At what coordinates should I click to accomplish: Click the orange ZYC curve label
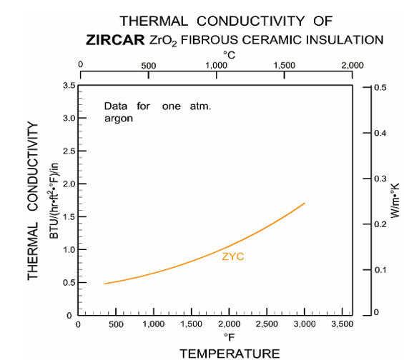pyautogui.click(x=232, y=256)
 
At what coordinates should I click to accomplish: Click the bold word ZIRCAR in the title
pyautogui.click(x=115, y=40)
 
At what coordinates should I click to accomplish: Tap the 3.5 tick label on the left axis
pyautogui.click(x=69, y=85)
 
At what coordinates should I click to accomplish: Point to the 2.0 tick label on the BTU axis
pyautogui.click(x=69, y=184)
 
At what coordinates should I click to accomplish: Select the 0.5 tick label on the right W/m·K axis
pyautogui.click(x=380, y=87)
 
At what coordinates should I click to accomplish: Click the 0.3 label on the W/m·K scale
pyautogui.click(x=380, y=179)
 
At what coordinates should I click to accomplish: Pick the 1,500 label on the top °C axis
pyautogui.click(x=284, y=66)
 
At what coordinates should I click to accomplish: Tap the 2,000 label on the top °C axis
pyautogui.click(x=353, y=66)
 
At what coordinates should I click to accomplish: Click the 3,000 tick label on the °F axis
pyautogui.click(x=305, y=324)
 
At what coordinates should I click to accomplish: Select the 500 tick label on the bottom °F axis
pyautogui.click(x=116, y=324)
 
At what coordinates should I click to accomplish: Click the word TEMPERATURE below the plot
pyautogui.click(x=230, y=354)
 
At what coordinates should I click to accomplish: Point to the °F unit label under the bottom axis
pyautogui.click(x=229, y=337)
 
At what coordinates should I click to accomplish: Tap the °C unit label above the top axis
pyautogui.click(x=229, y=55)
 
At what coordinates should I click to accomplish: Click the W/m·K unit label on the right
pyautogui.click(x=395, y=201)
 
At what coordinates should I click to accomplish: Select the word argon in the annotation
pyautogui.click(x=119, y=119)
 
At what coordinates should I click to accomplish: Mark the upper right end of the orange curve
pyautogui.click(x=305, y=203)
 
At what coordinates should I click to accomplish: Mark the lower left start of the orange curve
pyautogui.click(x=104, y=284)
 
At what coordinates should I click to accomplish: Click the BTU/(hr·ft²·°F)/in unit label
pyautogui.click(x=54, y=201)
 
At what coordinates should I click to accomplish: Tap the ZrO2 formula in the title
pyautogui.click(x=163, y=41)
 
